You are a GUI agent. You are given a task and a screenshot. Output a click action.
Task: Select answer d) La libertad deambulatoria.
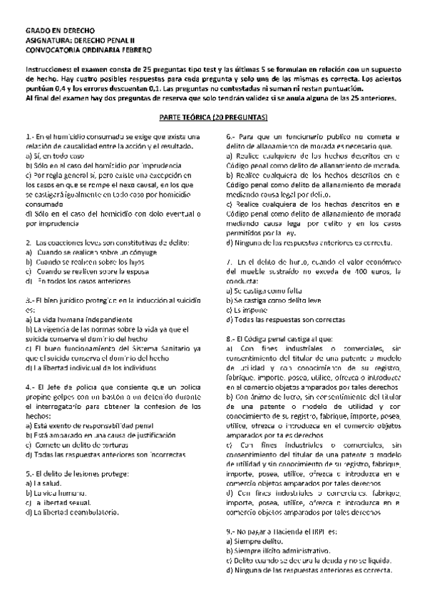(x=71, y=511)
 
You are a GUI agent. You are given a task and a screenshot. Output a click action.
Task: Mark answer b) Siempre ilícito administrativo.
(x=277, y=551)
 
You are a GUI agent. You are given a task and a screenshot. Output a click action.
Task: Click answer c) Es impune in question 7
(x=249, y=310)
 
